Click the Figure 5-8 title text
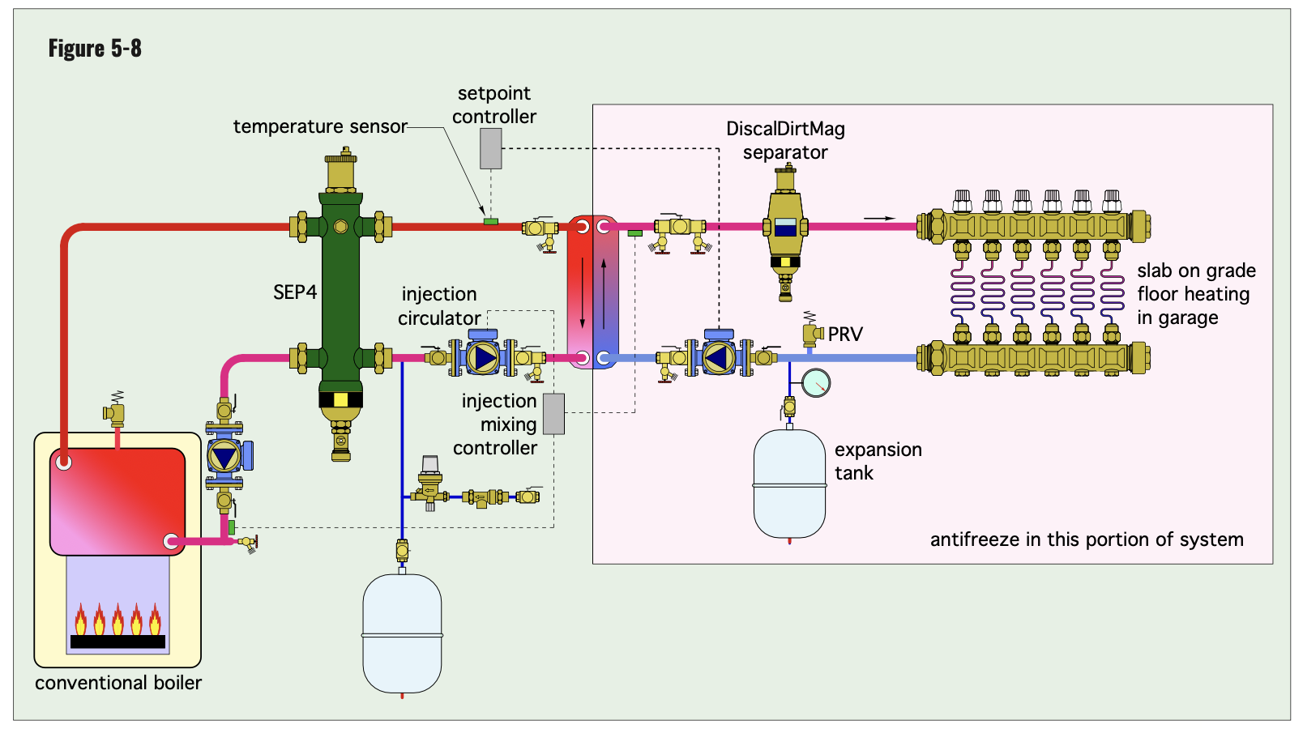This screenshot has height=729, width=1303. point(95,49)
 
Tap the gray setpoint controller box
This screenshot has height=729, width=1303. point(490,148)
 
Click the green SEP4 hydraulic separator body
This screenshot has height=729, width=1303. point(340,292)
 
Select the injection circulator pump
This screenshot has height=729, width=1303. point(483,357)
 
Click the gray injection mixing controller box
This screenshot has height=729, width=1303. point(553,413)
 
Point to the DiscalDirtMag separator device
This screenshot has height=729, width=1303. point(785,231)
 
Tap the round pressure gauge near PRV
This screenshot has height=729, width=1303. point(816,382)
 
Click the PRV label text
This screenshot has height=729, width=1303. point(845,335)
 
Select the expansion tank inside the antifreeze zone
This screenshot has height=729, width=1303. point(789,484)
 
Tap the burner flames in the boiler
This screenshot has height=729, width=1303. point(117,620)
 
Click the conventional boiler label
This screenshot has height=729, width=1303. point(118,683)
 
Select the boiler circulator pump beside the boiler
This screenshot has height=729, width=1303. point(224,456)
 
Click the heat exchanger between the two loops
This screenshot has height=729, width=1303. point(593,292)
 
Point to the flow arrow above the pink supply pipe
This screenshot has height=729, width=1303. point(879,218)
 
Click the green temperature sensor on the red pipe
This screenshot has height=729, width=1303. point(490,221)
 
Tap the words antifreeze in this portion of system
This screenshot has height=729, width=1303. point(1086,539)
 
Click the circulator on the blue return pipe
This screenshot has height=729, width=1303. point(719,357)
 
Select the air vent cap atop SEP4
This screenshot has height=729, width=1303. point(340,168)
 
